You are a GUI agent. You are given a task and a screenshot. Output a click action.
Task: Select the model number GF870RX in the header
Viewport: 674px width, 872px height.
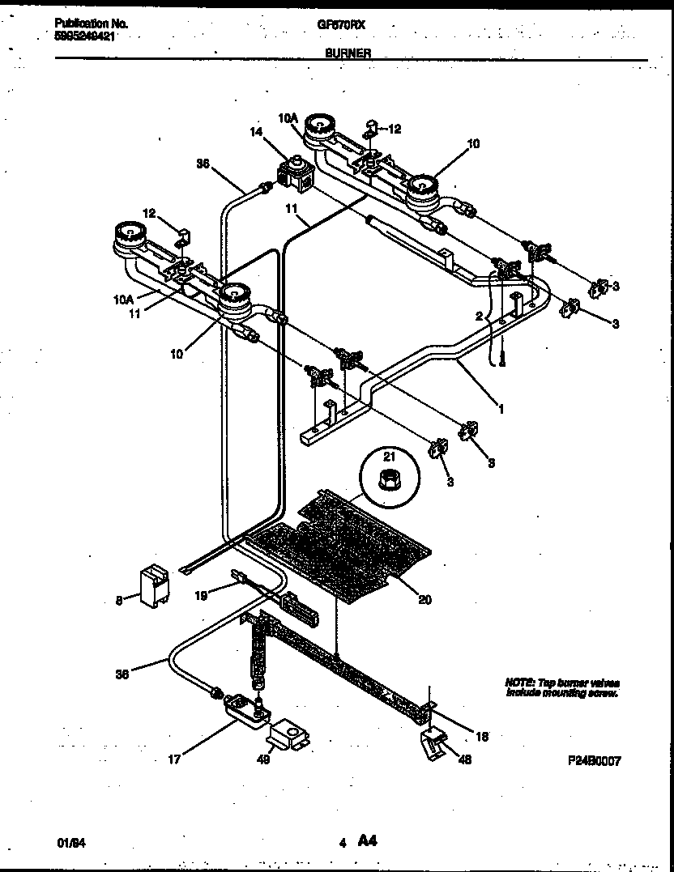(x=341, y=25)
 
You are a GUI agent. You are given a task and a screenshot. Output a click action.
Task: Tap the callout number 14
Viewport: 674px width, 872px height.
(x=256, y=131)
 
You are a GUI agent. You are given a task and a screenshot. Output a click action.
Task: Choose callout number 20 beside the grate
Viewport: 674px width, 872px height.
(x=424, y=599)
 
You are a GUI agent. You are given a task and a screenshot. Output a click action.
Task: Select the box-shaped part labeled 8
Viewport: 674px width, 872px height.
(x=155, y=585)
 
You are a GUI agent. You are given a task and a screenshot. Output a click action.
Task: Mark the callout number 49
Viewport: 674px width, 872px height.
(x=262, y=759)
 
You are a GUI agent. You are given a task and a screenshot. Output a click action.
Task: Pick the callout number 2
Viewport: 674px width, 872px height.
(x=479, y=316)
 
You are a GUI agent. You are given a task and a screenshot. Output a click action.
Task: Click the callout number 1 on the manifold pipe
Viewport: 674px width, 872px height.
(x=501, y=410)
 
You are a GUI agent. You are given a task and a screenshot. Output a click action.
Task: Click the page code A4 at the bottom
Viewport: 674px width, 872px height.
(x=366, y=841)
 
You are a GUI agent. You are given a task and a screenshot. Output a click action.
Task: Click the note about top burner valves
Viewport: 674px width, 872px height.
(x=562, y=688)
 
